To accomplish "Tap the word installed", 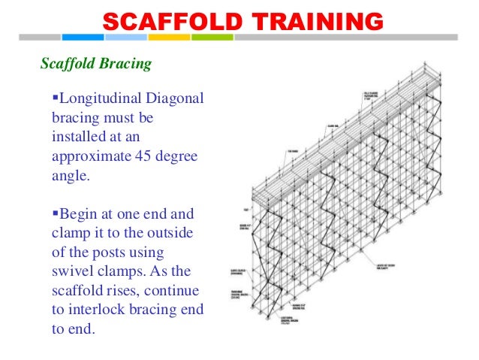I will point(79,138).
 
